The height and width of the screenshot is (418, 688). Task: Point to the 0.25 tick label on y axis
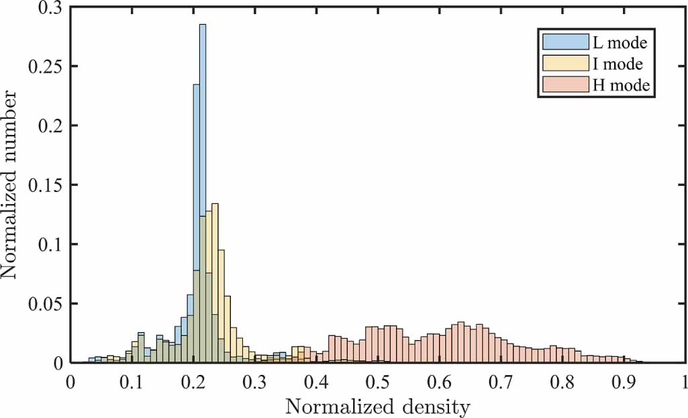click(46, 66)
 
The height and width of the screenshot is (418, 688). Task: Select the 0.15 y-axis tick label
click(46, 185)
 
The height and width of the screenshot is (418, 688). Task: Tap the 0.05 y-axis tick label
click(46, 303)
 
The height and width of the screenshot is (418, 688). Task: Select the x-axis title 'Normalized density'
click(378, 407)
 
